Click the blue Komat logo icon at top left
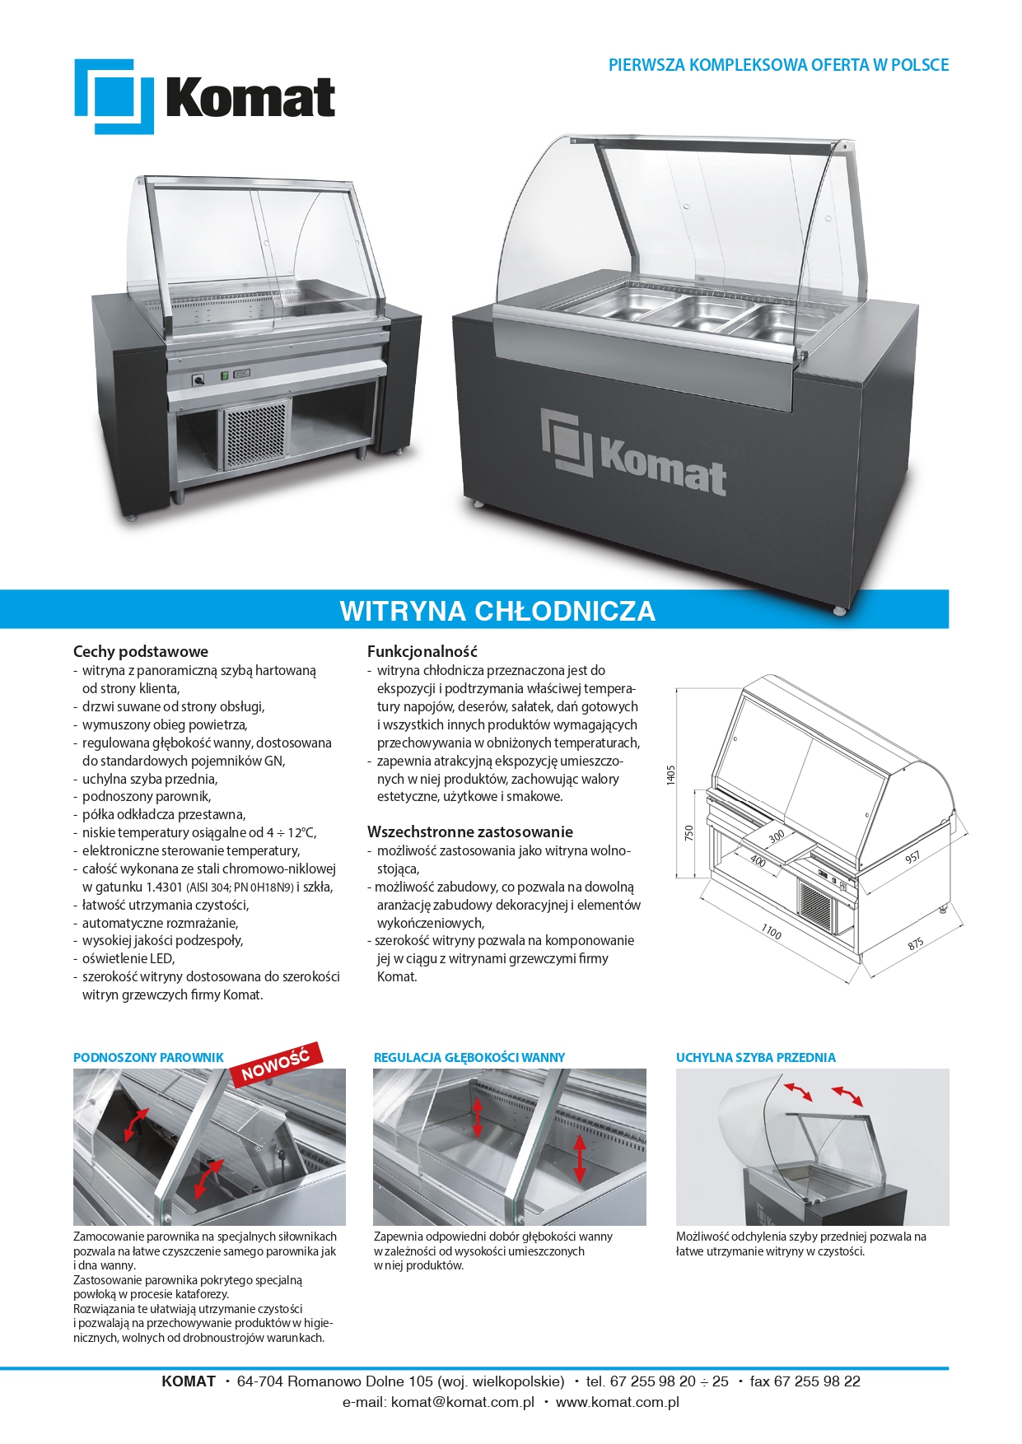[114, 96]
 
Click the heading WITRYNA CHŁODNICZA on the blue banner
[497, 611]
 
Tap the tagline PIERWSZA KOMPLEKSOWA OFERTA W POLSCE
[778, 65]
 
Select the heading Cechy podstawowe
[141, 651]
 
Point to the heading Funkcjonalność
[422, 651]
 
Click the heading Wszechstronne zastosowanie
[470, 831]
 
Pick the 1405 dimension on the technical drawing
[671, 775]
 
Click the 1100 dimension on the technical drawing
[771, 931]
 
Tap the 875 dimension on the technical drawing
[916, 944]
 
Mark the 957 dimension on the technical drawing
[912, 857]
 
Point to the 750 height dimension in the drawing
[689, 832]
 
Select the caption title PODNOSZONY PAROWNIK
[148, 1057]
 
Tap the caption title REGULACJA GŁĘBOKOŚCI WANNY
[469, 1057]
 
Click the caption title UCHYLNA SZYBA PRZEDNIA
[756, 1057]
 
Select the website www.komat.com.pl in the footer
[618, 1402]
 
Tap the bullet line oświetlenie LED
[128, 958]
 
